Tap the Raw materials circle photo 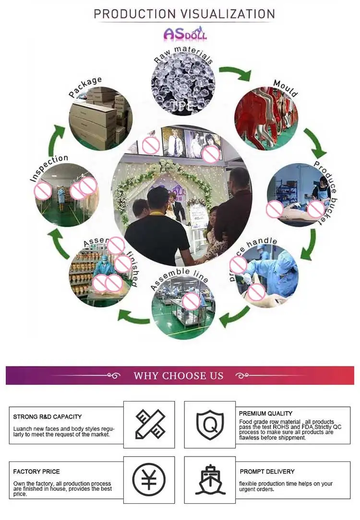click(183, 84)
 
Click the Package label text click(85, 86)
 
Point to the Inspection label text click(48, 168)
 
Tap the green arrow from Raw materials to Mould click(235, 73)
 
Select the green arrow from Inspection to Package click(57, 140)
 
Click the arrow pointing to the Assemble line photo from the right click(235, 316)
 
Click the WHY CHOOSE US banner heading click(179, 376)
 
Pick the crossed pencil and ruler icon click(149, 424)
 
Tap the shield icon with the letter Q click(210, 425)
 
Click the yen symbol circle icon click(149, 479)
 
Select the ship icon click(210, 479)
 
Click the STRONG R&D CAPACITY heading click(48, 417)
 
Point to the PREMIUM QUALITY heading click(265, 413)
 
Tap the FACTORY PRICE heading click(36, 472)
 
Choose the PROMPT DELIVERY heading click(267, 472)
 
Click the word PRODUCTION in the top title click(127, 14)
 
